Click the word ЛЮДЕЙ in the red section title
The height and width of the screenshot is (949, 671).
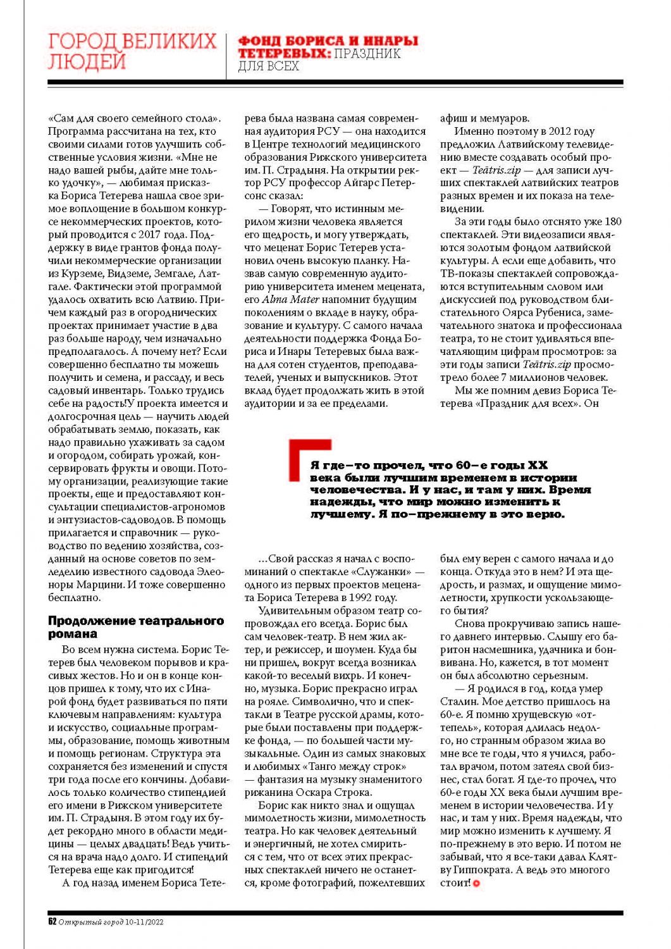coord(87,62)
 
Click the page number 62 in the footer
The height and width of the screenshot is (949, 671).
coord(52,921)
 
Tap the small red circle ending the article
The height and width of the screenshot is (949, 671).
coord(476,883)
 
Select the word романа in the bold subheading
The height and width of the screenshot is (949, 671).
coord(73,633)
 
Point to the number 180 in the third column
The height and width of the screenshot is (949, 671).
coord(612,221)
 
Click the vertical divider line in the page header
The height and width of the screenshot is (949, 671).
coord(226,56)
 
